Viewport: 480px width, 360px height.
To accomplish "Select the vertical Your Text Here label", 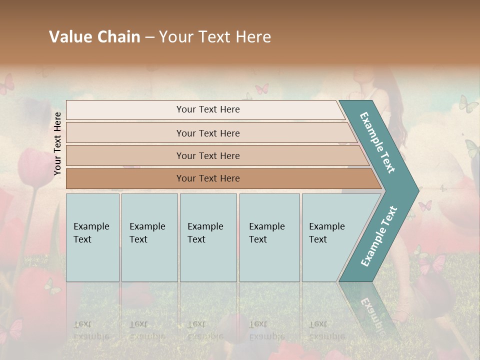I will coord(57,143).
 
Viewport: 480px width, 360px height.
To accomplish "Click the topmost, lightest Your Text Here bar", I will coord(207,109).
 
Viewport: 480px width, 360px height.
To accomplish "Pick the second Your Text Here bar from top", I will coord(207,133).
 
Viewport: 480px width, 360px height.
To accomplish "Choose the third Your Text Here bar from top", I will coord(207,155).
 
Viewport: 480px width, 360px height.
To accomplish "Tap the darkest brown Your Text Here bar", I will coord(207,178).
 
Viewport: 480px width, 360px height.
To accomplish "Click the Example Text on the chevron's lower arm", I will coord(379,236).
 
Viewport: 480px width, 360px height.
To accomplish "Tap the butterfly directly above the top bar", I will coord(261,89).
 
